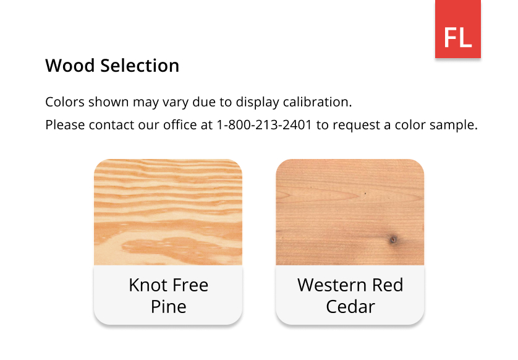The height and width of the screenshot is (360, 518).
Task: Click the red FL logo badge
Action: point(457,29)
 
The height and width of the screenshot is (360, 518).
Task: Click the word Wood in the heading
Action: point(70,66)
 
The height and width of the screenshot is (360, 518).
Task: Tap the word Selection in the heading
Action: point(140,66)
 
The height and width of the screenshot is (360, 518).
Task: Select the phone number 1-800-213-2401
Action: point(264,125)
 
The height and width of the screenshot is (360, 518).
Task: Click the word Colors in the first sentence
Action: point(65,102)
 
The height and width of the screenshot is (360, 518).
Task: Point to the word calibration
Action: point(318,102)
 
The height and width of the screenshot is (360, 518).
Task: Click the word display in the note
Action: point(257,103)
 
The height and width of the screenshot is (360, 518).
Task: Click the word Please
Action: point(65,125)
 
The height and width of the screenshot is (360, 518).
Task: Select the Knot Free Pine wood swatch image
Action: point(168,212)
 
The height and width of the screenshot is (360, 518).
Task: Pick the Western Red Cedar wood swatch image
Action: point(350,212)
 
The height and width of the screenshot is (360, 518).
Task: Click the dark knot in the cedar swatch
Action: point(393,239)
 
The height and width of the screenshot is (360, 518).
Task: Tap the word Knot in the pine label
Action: point(148,285)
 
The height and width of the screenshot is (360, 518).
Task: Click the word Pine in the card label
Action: point(169,307)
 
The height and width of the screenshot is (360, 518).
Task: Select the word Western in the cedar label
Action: point(333,285)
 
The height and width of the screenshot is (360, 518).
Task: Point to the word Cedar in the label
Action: point(350,307)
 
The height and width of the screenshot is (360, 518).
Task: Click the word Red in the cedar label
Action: point(388,285)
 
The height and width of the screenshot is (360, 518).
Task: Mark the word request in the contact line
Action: point(356,126)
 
